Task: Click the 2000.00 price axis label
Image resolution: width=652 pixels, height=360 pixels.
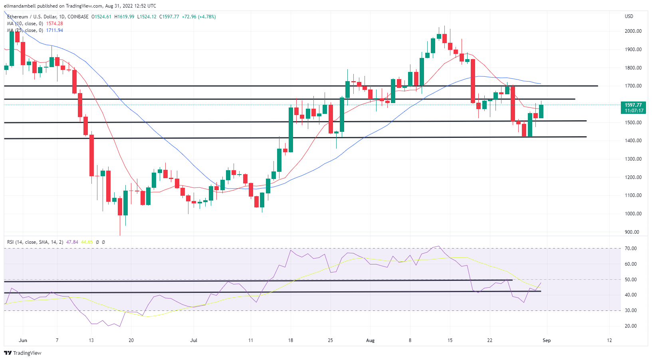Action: point(633,31)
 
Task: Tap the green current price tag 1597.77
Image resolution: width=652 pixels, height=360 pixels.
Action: point(633,105)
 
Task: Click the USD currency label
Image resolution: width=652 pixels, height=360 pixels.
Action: point(629,16)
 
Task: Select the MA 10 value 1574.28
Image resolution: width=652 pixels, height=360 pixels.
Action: point(54,24)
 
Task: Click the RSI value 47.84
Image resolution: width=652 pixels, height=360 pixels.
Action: point(72,242)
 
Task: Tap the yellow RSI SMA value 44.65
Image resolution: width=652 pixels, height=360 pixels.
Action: point(87,242)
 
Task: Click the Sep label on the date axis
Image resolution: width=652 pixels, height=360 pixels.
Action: point(547,340)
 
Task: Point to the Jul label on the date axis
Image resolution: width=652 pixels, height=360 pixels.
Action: point(194,340)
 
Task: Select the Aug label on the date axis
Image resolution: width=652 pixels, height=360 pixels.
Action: point(370,340)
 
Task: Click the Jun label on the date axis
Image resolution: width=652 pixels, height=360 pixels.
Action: point(23,340)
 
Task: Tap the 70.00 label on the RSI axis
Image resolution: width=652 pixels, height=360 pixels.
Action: point(631,249)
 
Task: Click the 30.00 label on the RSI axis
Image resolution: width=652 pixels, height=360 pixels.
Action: point(631,310)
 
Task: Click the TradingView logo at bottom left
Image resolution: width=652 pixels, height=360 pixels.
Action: point(23,353)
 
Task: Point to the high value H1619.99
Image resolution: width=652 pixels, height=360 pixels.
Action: point(124,17)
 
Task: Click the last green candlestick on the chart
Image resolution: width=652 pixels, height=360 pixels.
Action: point(541,111)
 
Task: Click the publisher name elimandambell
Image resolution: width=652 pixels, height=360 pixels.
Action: point(20,6)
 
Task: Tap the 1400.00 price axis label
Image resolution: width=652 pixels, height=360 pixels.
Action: point(633,141)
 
